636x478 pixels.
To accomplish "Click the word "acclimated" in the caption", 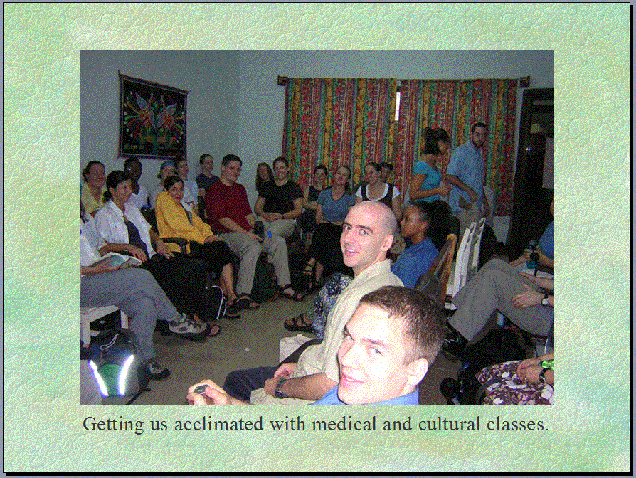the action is [218, 425].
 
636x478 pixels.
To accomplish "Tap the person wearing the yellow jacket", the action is [183, 219].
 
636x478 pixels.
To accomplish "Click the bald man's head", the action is [369, 233].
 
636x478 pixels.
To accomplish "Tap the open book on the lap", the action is [115, 260].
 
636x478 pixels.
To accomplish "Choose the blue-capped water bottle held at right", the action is [531, 254].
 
